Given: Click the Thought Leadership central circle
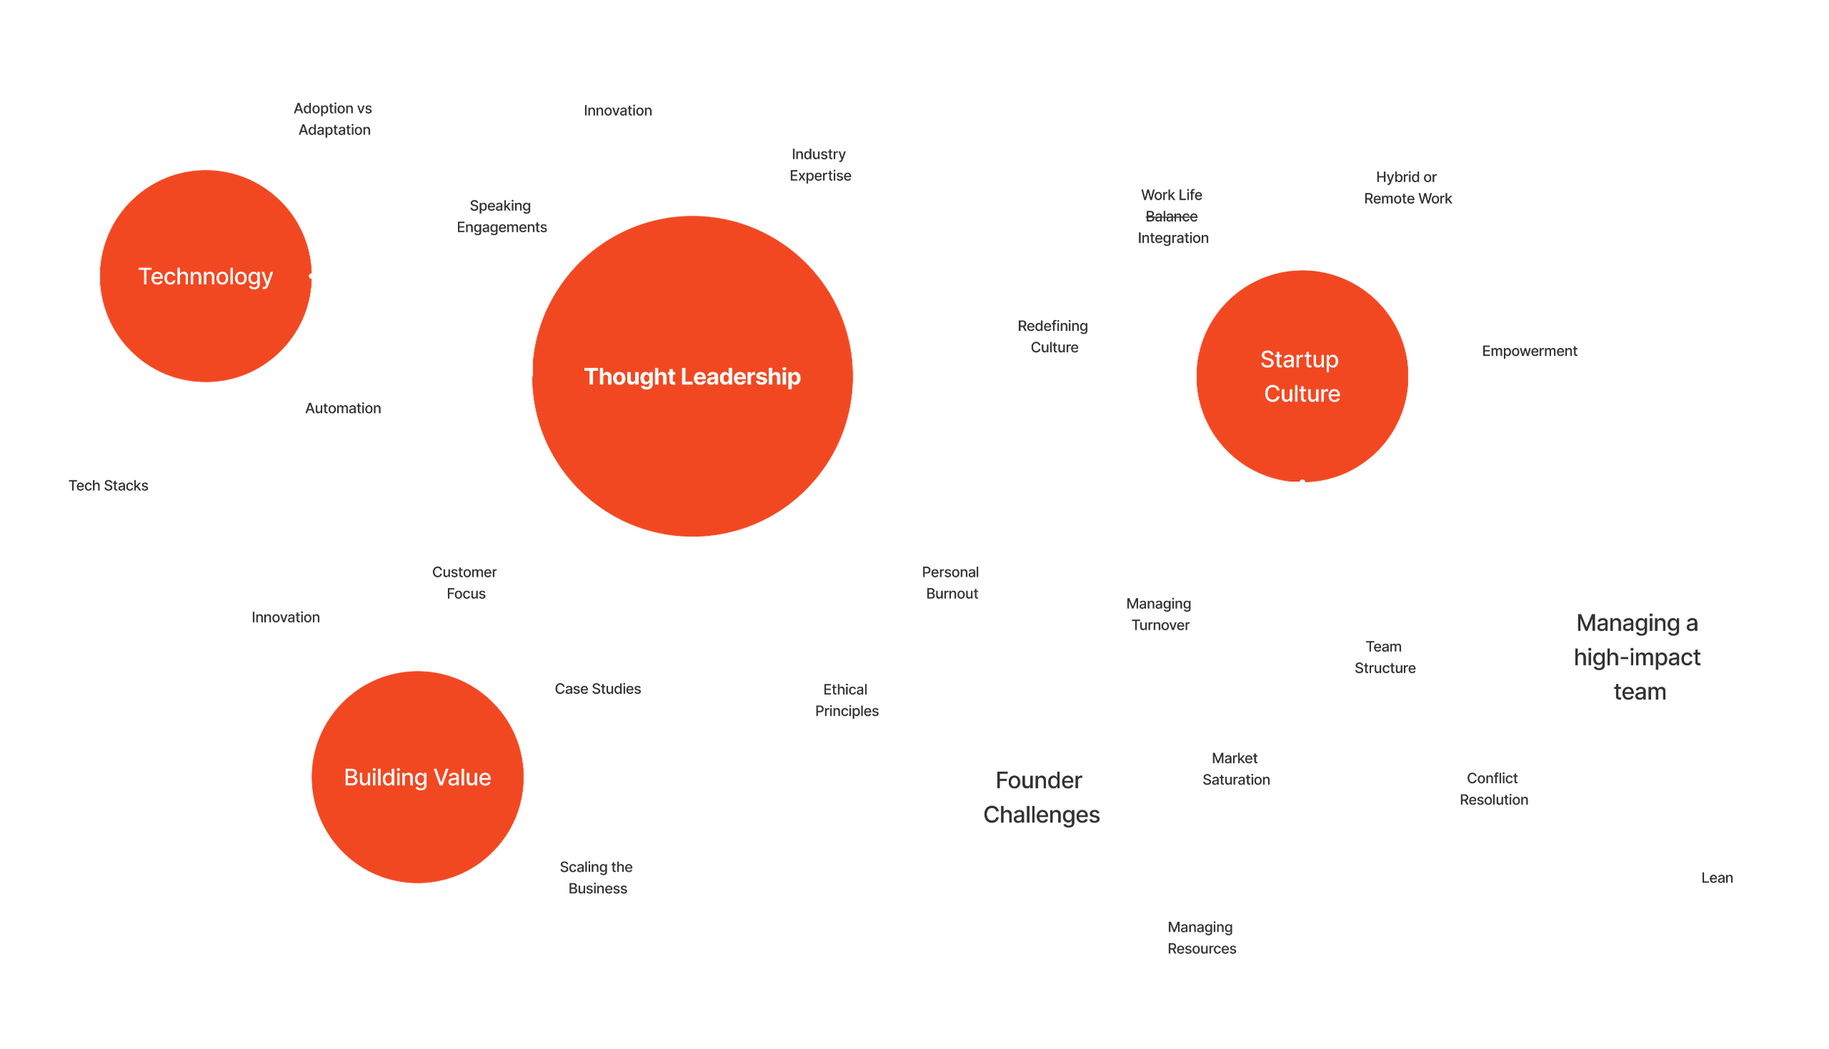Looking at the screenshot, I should pyautogui.click(x=692, y=376).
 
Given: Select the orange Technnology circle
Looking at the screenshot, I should pyautogui.click(x=205, y=276).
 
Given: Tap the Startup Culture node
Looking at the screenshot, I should pyautogui.click(x=1302, y=376).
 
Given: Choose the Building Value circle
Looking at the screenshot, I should pyautogui.click(x=417, y=777).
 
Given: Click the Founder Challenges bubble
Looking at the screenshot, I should pyautogui.click(x=1041, y=797).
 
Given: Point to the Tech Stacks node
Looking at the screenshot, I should pyautogui.click(x=108, y=485).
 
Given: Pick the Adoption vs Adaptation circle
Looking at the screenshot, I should pyautogui.click(x=334, y=118).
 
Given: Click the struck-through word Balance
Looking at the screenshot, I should pyautogui.click(x=1171, y=216).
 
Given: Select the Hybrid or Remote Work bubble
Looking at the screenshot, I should pyautogui.click(x=1407, y=187).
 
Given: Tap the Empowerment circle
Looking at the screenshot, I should pyautogui.click(x=1529, y=351).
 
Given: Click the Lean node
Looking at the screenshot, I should pyautogui.click(x=1717, y=877).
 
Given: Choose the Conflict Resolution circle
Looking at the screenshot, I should pyautogui.click(x=1494, y=788).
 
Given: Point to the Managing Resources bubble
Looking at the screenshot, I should pyautogui.click(x=1202, y=937).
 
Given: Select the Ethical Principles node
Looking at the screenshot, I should pyautogui.click(x=846, y=700).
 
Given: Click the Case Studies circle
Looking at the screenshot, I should pyautogui.click(x=597, y=688).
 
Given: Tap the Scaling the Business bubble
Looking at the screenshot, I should pyautogui.click(x=597, y=877).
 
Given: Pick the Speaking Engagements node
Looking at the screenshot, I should pyautogui.click(x=502, y=216).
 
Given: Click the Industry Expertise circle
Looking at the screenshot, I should pyautogui.click(x=820, y=165).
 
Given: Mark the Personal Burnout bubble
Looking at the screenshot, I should pyautogui.click(x=952, y=582).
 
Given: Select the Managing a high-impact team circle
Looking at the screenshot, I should pyautogui.click(x=1639, y=657).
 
